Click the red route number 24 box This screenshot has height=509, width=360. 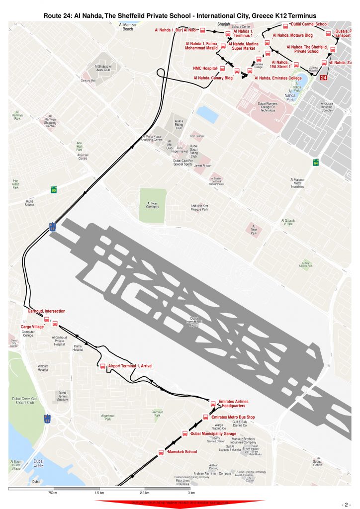point(324,78)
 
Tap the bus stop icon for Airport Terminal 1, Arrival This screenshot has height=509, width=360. point(103,366)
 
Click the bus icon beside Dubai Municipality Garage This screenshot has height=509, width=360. point(185,433)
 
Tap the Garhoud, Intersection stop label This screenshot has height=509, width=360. point(46,311)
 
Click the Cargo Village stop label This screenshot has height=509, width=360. point(32,327)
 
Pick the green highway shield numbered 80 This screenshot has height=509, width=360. point(53,190)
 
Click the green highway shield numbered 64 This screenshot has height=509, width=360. point(315,163)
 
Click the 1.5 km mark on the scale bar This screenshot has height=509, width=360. point(99,493)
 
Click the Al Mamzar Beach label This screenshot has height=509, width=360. point(128,27)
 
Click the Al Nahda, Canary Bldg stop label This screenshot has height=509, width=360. point(213,78)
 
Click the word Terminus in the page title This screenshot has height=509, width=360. point(299,16)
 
